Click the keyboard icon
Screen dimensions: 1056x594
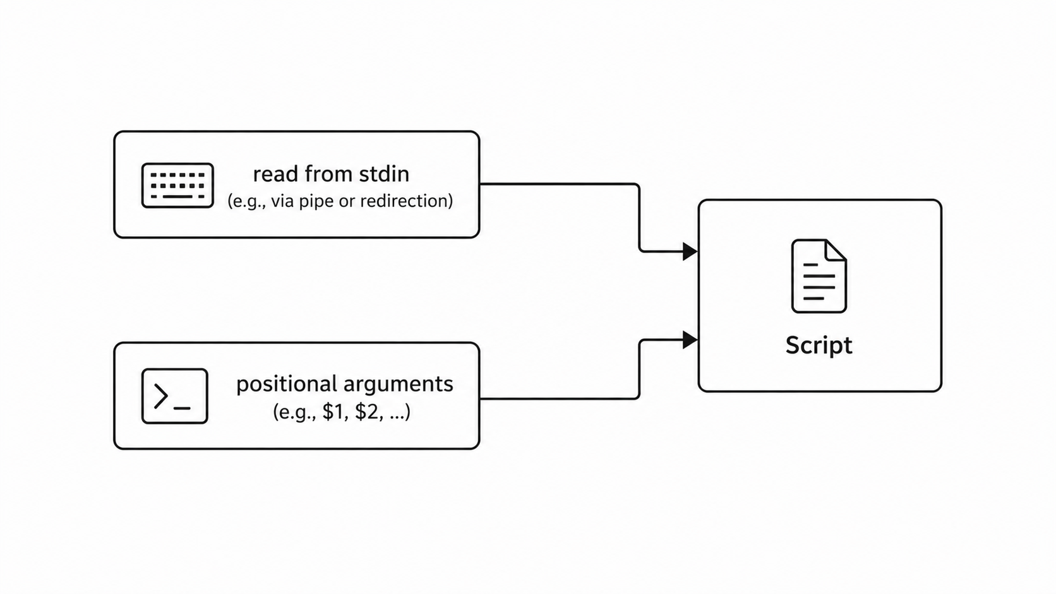177,185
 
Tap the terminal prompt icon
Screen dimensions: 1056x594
174,396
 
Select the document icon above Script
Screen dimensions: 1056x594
819,276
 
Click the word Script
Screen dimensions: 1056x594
819,346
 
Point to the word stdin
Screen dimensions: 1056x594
384,174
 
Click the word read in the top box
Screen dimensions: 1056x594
276,174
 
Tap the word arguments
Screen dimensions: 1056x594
398,384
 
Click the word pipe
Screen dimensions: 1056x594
316,201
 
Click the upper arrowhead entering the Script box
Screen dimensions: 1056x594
690,251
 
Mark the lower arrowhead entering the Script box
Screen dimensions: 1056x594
690,340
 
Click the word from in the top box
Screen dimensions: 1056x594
328,174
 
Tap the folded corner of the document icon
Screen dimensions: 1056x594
836,250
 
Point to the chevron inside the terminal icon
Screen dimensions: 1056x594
160,396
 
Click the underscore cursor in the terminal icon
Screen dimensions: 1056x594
182,408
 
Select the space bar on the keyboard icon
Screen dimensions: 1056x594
177,196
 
